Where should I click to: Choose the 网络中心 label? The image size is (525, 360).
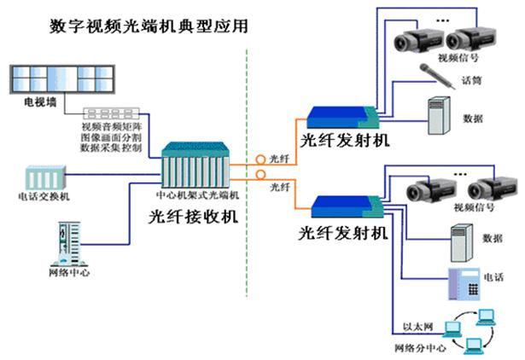(x=68, y=273)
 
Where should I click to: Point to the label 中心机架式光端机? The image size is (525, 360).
(x=197, y=195)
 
